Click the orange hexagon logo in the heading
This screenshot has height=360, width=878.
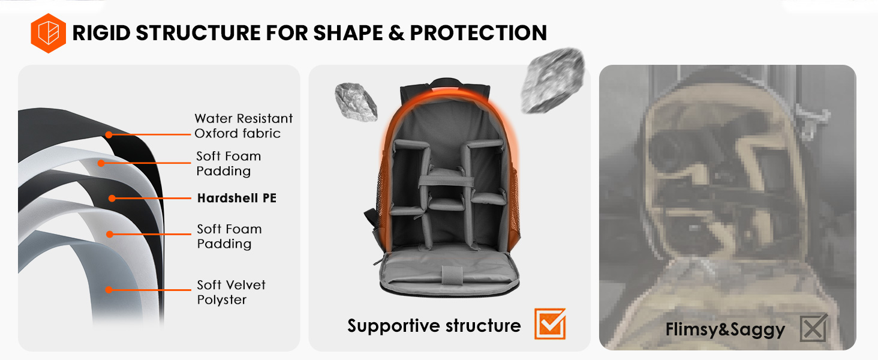pyautogui.click(x=48, y=33)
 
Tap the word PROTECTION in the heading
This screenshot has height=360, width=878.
pyautogui.click(x=478, y=33)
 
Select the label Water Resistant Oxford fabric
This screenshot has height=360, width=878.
pyautogui.click(x=243, y=126)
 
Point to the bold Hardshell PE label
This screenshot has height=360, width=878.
pyautogui.click(x=237, y=198)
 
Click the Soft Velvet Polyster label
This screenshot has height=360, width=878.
pyautogui.click(x=231, y=292)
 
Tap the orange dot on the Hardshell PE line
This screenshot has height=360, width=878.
pyautogui.click(x=112, y=198)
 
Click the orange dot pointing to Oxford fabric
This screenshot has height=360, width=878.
pyautogui.click(x=109, y=134)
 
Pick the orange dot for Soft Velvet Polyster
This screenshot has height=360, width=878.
pyautogui.click(x=109, y=290)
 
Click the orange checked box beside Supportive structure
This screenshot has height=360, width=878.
pyautogui.click(x=550, y=324)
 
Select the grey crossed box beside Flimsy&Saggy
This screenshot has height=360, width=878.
pyautogui.click(x=813, y=328)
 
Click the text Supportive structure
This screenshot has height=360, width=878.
pyautogui.click(x=434, y=326)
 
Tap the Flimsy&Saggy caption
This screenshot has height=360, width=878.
pyautogui.click(x=725, y=329)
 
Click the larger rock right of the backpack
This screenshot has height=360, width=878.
pyautogui.click(x=552, y=81)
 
